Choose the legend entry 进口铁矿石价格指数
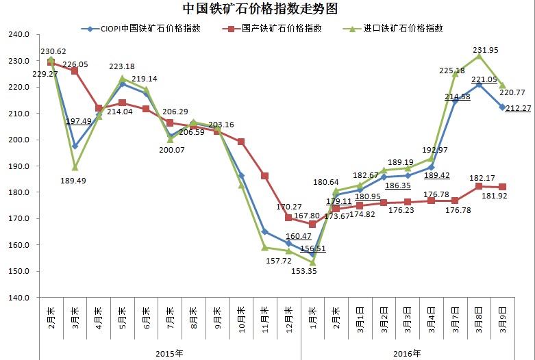click(x=404, y=29)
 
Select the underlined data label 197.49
click(x=78, y=121)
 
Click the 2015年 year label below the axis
click(x=170, y=352)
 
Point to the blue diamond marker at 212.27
click(x=502, y=107)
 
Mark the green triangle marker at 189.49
click(x=75, y=167)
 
